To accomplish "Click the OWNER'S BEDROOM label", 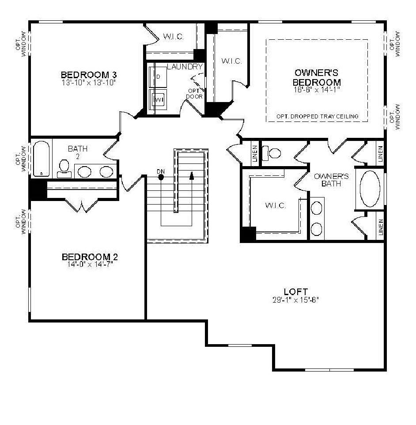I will coord(317,77).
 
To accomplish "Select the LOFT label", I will coord(295,292).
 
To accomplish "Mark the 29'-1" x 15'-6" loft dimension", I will coord(295,300).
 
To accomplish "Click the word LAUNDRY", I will coord(185,67).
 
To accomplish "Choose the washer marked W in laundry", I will coord(158,100).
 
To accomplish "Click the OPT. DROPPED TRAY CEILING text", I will coord(317,117).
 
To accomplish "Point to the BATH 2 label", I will coord(77,152).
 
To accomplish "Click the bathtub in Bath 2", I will coord(42,159).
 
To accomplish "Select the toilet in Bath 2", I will coord(64,167).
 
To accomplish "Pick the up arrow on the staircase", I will coord(192,175).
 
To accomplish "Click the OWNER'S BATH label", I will coord(331,180).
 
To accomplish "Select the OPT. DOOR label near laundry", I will coord(194,94).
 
